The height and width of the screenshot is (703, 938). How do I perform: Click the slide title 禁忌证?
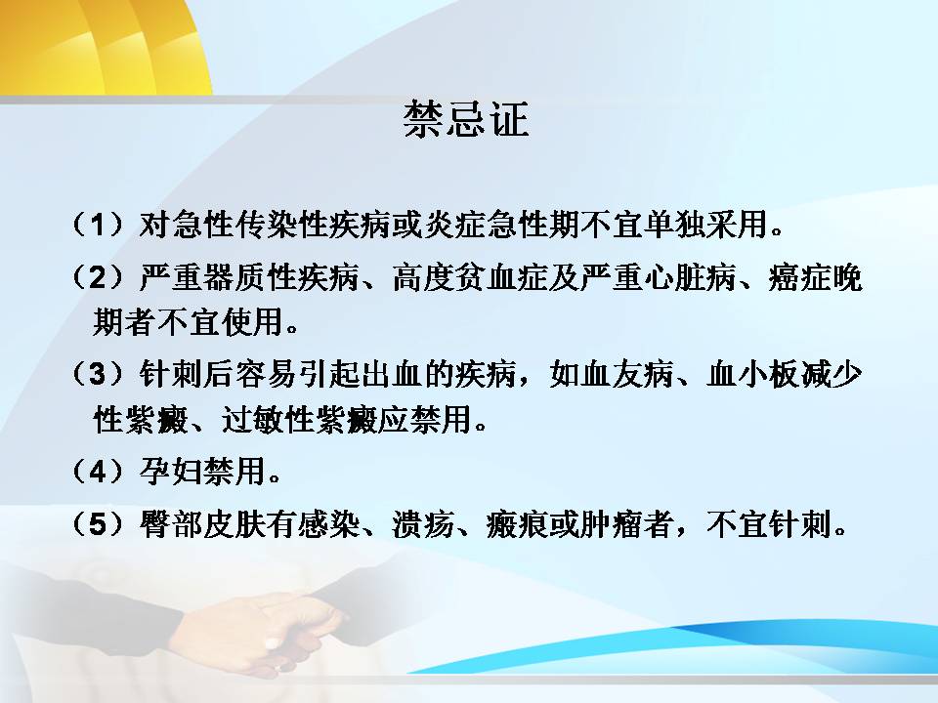pos(466,119)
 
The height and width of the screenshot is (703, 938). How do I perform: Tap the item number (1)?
pos(98,225)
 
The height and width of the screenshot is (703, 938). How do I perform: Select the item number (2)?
pos(98,277)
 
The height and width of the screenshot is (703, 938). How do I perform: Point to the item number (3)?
pos(98,374)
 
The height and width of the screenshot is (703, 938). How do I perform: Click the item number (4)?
pos(98,471)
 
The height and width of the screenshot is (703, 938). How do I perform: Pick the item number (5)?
pos(98,524)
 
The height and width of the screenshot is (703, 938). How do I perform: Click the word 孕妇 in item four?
pos(170,471)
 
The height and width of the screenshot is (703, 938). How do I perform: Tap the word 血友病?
pos(627,374)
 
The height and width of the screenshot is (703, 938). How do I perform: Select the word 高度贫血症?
pos(470,277)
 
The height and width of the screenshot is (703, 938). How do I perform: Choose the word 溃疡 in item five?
pos(423,524)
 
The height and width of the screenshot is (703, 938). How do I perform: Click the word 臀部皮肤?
pos(202,524)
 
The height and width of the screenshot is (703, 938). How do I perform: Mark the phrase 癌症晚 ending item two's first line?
pos(815,277)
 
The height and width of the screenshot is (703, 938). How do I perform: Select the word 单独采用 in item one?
pos(705,225)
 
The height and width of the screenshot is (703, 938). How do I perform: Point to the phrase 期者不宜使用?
pos(188,321)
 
